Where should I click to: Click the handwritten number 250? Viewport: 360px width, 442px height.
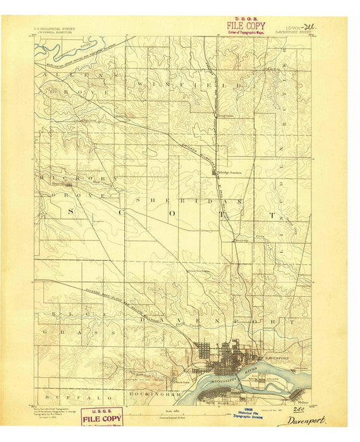coord(296,408)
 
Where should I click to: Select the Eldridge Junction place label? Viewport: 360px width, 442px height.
coord(229,172)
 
